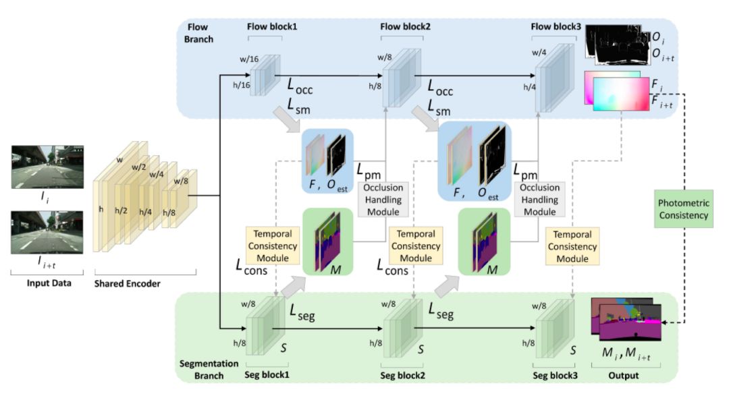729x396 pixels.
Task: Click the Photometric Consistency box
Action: (683, 208)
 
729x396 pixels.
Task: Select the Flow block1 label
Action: (272, 26)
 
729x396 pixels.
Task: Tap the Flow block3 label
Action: (556, 26)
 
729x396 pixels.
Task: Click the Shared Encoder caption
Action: (127, 283)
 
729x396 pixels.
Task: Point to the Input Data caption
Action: (49, 283)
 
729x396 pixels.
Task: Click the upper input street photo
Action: (47, 167)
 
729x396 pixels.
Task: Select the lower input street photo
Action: (47, 232)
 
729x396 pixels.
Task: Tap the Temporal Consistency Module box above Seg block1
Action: (273, 246)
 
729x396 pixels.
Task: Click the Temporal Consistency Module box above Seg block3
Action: (572, 246)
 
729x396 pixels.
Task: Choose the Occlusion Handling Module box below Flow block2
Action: (383, 200)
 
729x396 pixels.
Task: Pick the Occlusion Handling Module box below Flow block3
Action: (539, 200)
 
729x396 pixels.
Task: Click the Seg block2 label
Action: (402, 375)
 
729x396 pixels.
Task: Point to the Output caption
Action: (624, 375)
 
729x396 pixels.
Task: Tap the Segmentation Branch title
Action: (209, 370)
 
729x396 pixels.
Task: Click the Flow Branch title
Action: (198, 33)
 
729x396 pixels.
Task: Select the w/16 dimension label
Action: (248, 59)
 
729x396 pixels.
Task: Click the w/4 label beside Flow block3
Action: (539, 53)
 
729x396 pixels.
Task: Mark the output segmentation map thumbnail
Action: (626, 319)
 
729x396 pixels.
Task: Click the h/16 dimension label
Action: (241, 85)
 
